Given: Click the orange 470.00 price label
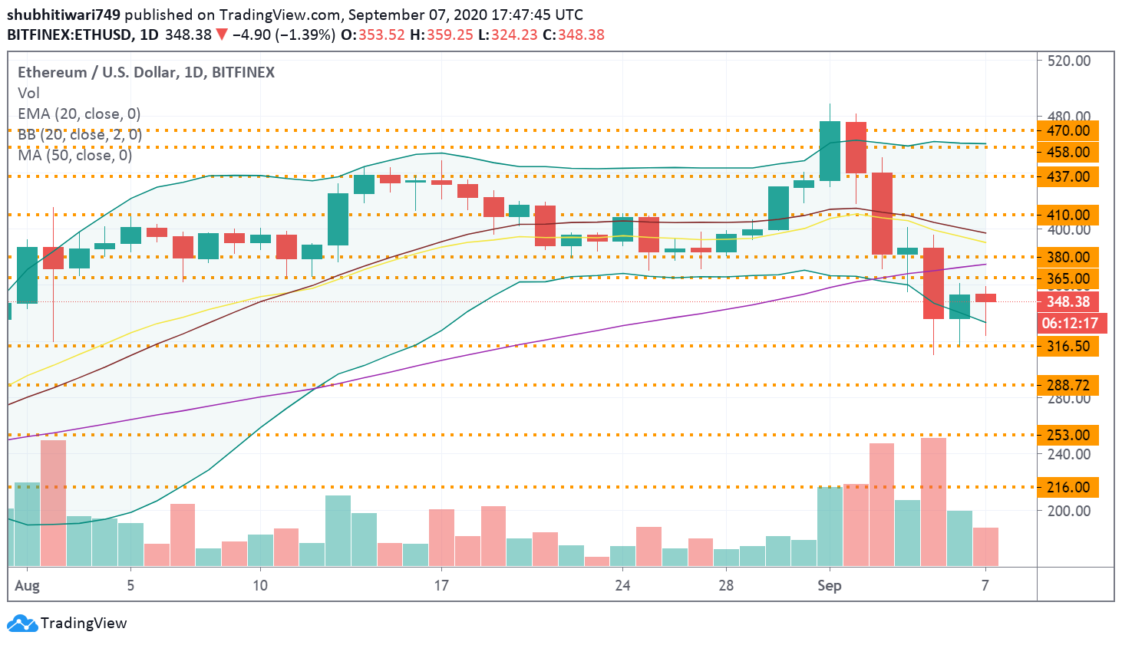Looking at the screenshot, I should (1068, 130).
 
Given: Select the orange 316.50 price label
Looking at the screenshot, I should (1068, 346).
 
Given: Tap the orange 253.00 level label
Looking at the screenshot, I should (1068, 435).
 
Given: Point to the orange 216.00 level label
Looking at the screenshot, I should (1068, 487).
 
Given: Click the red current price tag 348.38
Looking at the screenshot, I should (1068, 301).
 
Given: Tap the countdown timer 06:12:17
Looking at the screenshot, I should (1069, 323).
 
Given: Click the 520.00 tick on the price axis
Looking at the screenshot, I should (1068, 61).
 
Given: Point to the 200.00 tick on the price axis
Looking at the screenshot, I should (1068, 511).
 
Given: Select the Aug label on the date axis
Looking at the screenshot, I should (28, 585).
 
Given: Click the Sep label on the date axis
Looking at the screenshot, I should (829, 585).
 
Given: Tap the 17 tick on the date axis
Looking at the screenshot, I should (441, 585).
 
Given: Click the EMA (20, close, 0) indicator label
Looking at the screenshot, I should (79, 114).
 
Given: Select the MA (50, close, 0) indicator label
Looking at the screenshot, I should (74, 155).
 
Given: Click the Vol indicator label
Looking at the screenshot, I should (28, 93).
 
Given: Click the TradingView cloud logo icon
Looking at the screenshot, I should (22, 623).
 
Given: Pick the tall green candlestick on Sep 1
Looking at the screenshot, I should (830, 151).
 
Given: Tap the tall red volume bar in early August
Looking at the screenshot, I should (53, 502).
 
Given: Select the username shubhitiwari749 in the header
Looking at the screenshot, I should (64, 15).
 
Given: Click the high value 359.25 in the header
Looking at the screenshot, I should (451, 35).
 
